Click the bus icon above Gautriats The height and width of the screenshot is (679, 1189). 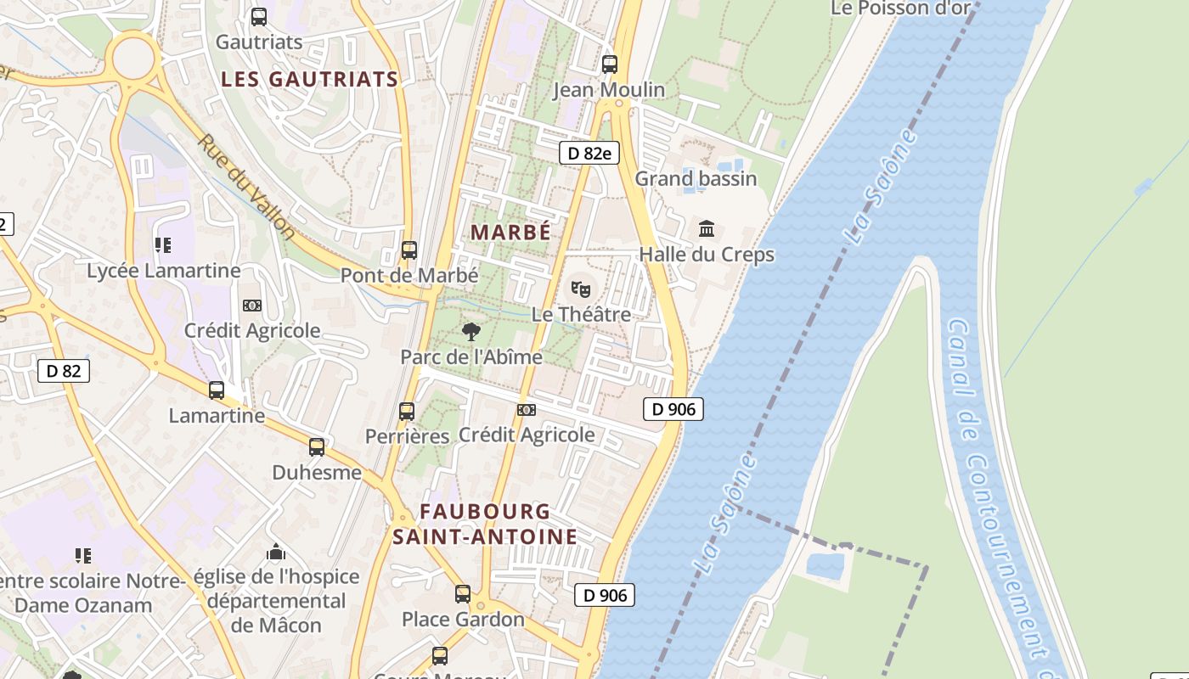point(259,16)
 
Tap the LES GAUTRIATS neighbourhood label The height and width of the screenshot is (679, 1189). point(310,79)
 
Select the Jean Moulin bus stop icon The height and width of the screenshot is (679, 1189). point(609,64)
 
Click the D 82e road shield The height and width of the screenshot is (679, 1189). point(589,153)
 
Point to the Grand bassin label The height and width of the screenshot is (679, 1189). point(696,178)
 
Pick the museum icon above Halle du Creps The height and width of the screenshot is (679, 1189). point(707,228)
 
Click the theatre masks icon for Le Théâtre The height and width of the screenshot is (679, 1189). point(581,289)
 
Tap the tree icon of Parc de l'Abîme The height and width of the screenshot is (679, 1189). point(471,331)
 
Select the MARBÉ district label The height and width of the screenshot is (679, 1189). point(510,232)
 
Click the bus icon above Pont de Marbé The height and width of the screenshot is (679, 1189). point(409,250)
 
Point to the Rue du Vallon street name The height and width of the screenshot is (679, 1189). point(246,187)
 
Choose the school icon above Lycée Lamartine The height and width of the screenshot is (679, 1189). point(163,245)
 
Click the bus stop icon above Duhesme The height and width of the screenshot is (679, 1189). point(317,446)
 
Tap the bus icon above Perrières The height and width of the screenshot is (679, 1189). point(407,412)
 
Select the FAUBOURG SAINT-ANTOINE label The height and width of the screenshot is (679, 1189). point(485,524)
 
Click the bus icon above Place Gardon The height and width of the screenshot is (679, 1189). point(463,593)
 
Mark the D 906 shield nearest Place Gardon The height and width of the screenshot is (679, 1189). point(606,595)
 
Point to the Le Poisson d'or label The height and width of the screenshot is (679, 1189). point(900,8)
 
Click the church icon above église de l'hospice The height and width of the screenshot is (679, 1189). point(276,553)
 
